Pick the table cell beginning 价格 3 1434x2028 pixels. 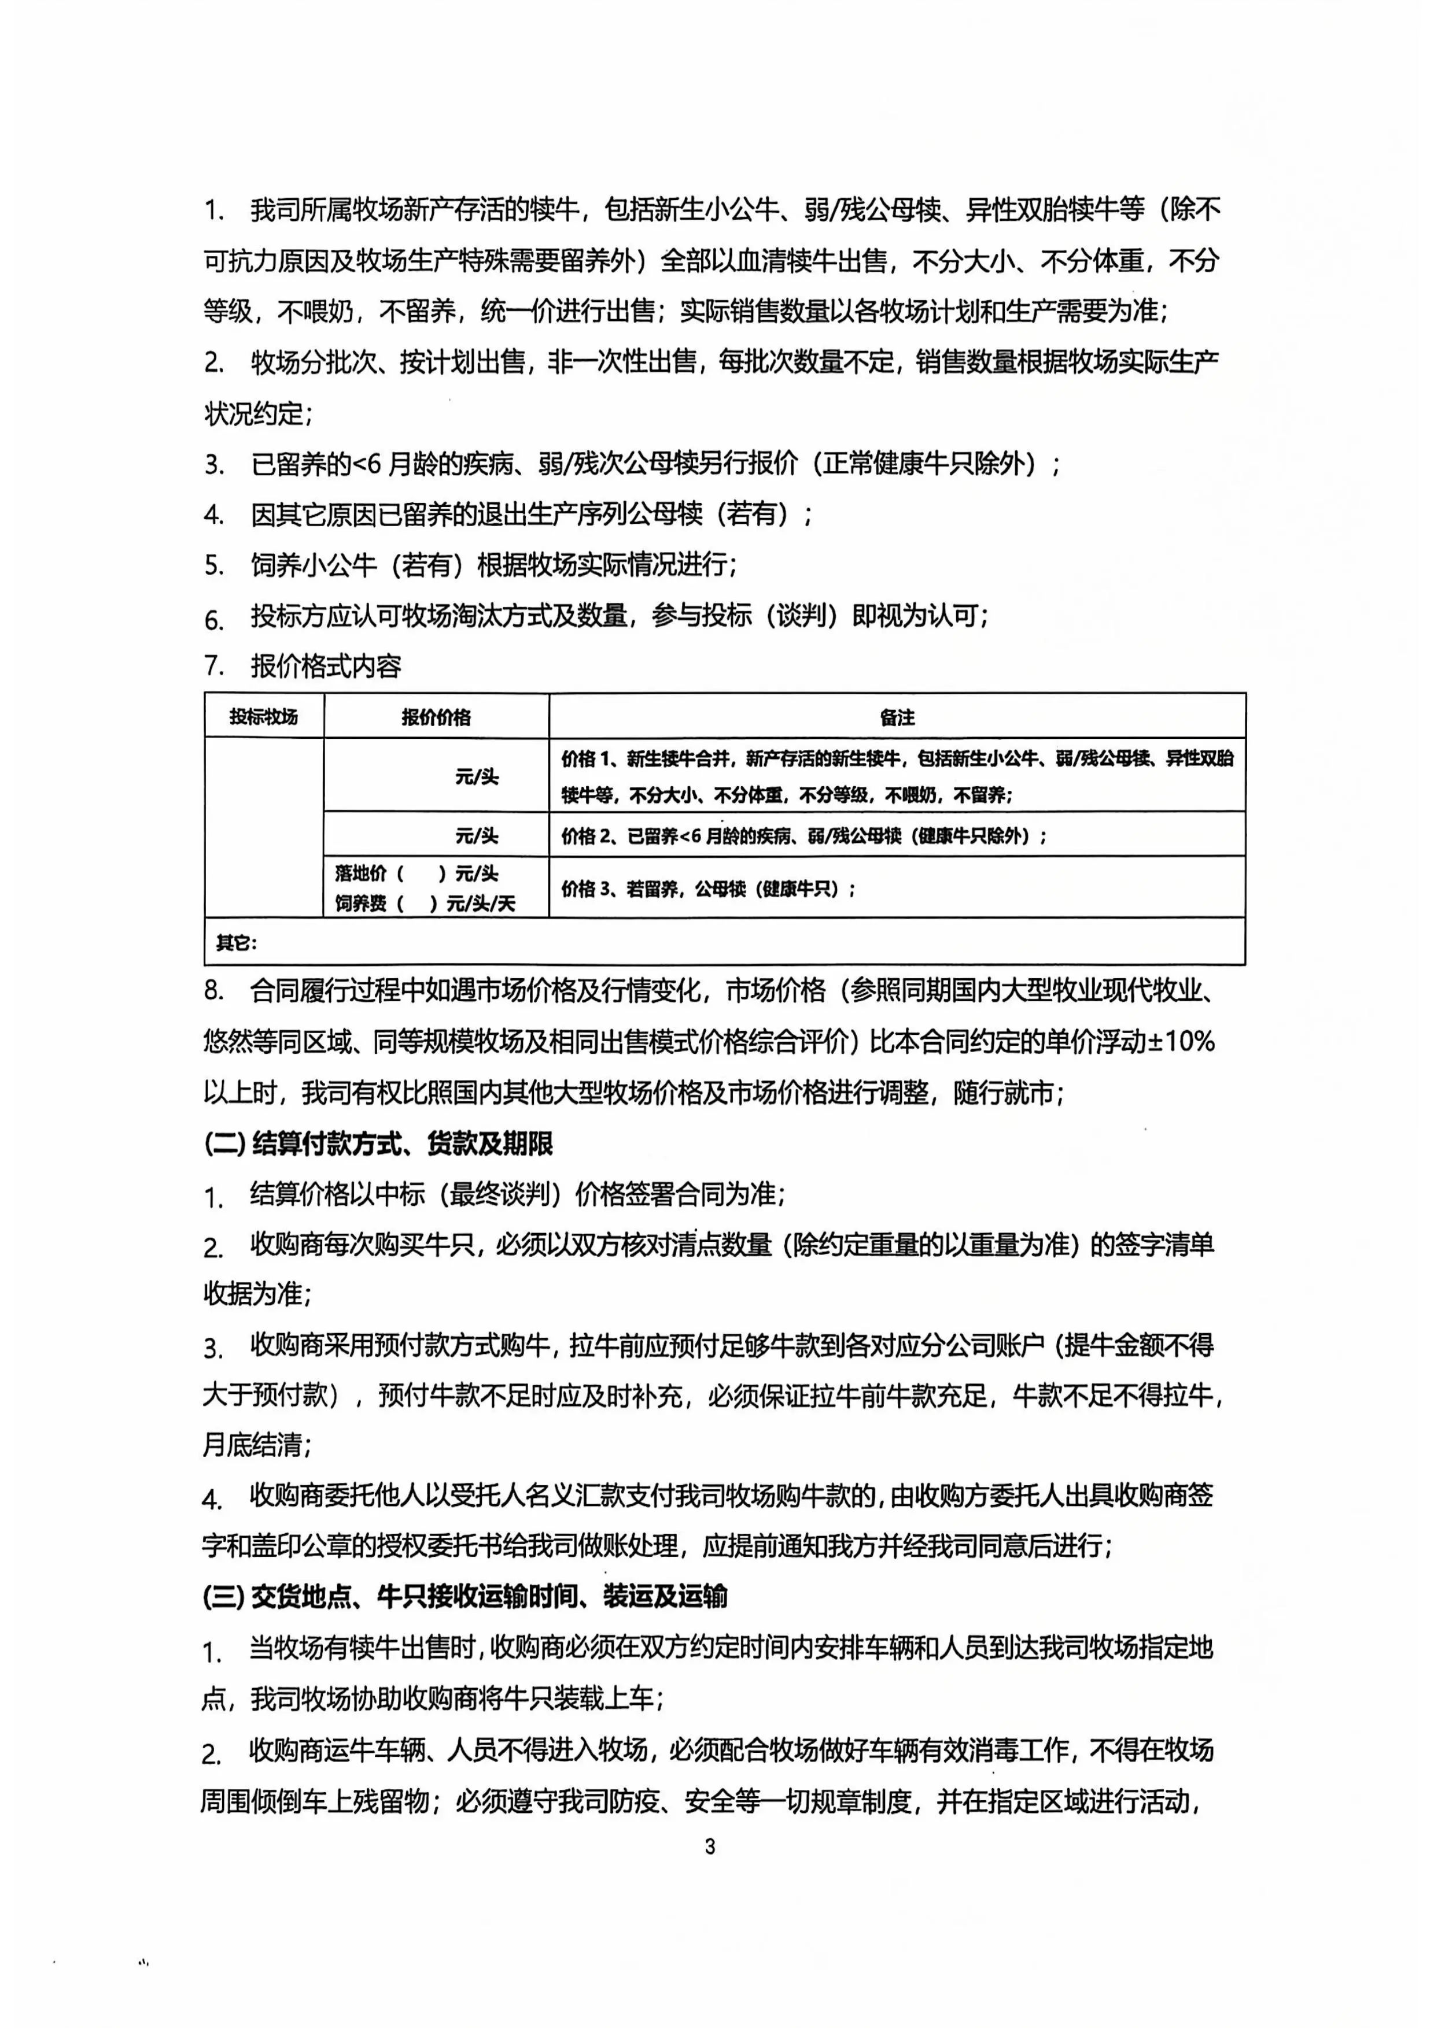click(707, 889)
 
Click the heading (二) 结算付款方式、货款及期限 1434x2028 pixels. click(378, 1145)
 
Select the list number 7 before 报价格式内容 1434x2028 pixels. click(214, 665)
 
